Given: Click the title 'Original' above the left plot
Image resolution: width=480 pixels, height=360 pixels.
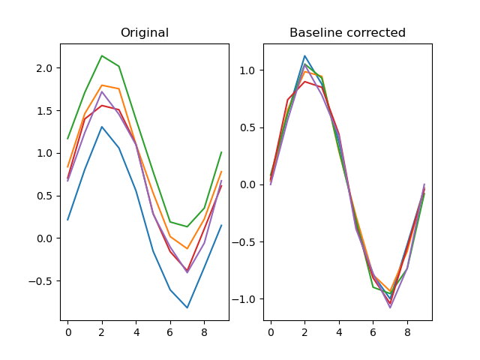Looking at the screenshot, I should [145, 33].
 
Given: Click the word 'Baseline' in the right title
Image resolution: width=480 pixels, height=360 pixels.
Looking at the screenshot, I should [314, 33].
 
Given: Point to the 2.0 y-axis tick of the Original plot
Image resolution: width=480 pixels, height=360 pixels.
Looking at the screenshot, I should [45, 68].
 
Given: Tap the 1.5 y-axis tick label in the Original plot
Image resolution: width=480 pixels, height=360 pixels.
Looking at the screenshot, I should [45, 111].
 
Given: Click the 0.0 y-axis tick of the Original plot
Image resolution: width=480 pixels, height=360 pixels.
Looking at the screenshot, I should [45, 238].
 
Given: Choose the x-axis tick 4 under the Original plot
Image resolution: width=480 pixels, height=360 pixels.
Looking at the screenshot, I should [136, 331].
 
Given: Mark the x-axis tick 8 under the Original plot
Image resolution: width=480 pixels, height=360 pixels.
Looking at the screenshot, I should [204, 331].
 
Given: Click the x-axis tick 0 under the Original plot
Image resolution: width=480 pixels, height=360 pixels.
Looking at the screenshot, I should [67, 331].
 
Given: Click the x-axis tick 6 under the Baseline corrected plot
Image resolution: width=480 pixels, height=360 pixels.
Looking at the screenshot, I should [373, 331].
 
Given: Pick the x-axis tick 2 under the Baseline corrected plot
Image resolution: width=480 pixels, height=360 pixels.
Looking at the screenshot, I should [304, 331].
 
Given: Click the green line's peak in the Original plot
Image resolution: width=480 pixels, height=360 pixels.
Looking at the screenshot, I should [102, 55].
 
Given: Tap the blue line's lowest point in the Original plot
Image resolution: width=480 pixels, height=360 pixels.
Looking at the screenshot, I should [187, 307].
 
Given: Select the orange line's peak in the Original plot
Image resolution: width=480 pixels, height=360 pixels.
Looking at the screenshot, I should [102, 85].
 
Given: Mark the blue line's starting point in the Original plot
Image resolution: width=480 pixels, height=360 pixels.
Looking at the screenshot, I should [67, 220].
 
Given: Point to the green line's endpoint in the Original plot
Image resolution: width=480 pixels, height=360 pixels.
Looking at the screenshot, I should [221, 152].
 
